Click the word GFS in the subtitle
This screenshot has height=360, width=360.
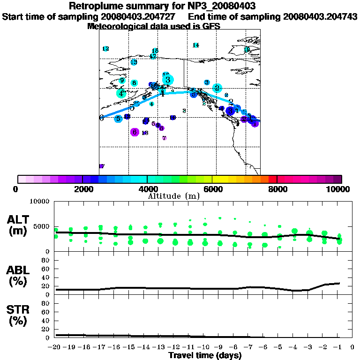tap(212, 26)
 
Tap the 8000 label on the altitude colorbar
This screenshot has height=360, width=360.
tap(277, 189)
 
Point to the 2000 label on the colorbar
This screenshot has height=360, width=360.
tap(82, 189)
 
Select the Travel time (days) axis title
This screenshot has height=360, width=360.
tap(205, 356)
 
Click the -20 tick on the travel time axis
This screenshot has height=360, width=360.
tap(55, 347)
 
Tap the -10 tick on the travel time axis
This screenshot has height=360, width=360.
tap(204, 347)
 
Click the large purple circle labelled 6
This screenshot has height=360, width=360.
tap(135, 132)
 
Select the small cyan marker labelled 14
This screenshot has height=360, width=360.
tap(196, 45)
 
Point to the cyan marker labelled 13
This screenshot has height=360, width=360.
tap(134, 62)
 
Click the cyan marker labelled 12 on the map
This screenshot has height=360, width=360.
tap(105, 49)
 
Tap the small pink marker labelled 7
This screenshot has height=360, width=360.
tap(164, 138)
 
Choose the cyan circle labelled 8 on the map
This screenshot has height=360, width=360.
tap(134, 83)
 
